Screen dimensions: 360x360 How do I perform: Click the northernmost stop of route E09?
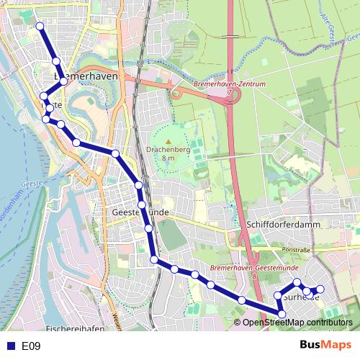point(40,27)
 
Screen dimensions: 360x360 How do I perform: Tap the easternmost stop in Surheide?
point(320,289)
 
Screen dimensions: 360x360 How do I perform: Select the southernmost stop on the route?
point(282,313)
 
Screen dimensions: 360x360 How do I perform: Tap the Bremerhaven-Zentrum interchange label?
point(230,84)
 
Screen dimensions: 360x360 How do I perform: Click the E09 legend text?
point(31,346)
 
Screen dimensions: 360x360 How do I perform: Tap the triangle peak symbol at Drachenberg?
point(168,141)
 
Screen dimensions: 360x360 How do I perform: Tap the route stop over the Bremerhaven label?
point(63,81)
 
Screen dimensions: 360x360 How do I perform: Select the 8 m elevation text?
point(168,158)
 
